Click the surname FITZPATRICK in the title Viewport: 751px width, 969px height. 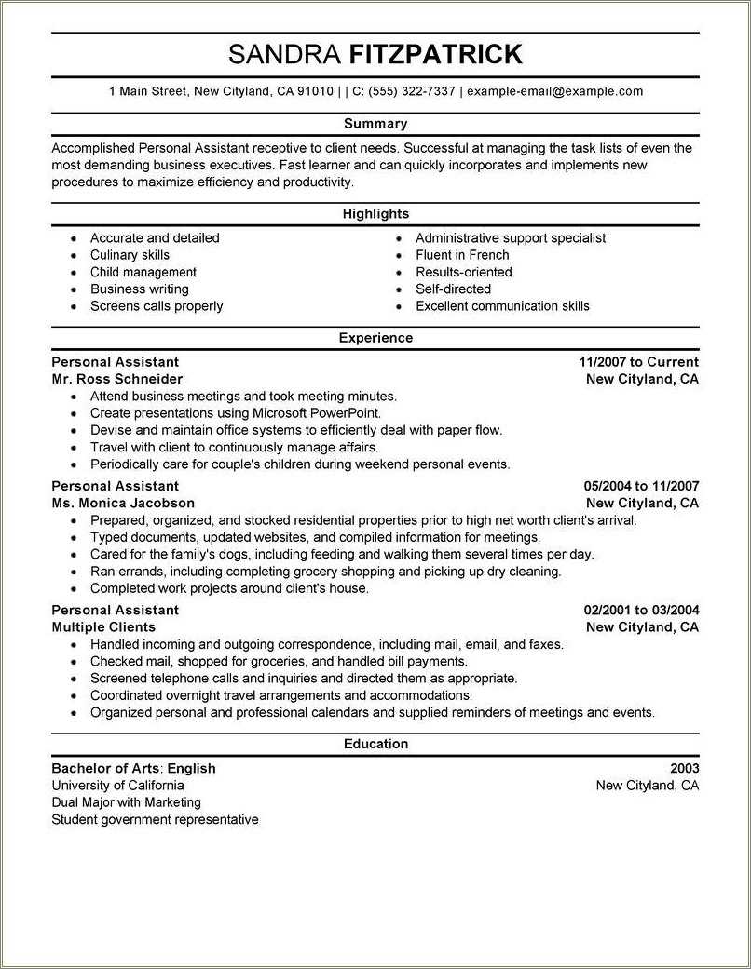tap(435, 55)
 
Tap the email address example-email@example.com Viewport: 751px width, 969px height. tap(554, 91)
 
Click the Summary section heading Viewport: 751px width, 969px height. tap(375, 124)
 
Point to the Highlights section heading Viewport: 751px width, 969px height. tap(375, 214)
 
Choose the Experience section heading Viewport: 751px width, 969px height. tap(375, 338)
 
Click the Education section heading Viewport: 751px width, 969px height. tap(375, 744)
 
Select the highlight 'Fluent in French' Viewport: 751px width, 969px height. tap(462, 255)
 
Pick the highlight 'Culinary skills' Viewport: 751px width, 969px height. tap(130, 255)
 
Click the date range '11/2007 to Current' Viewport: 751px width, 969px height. tap(638, 362)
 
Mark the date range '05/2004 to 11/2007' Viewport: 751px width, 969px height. tap(641, 486)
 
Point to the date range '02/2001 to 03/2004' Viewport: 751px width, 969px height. tap(641, 610)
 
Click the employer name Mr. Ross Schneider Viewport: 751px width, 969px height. tap(117, 379)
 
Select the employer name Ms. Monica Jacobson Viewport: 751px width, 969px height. tap(123, 503)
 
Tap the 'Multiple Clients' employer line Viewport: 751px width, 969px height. tap(103, 627)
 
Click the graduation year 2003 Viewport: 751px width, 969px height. tap(684, 769)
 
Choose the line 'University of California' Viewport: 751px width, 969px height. tap(117, 786)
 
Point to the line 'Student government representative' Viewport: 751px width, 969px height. tap(155, 820)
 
